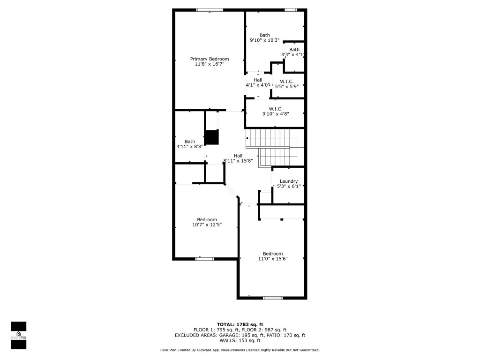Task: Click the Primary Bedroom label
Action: [x=210, y=59]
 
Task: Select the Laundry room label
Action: [x=289, y=181]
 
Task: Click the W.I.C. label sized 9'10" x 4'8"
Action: [x=275, y=109]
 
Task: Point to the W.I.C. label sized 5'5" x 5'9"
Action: [x=287, y=82]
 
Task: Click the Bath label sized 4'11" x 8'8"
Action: [x=190, y=142]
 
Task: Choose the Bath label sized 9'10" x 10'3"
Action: [x=265, y=35]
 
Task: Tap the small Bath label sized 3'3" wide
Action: [x=294, y=50]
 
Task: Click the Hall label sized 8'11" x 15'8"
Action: [x=238, y=156]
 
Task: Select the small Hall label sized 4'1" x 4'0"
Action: [x=258, y=80]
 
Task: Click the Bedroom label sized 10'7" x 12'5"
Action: [x=207, y=219]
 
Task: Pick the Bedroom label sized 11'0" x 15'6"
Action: [x=273, y=254]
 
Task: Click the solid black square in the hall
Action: [x=212, y=137]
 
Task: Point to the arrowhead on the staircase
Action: [x=247, y=138]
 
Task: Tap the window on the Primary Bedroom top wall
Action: [x=210, y=10]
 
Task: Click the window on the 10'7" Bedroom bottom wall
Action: [x=204, y=258]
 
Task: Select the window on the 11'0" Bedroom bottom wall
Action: [x=272, y=298]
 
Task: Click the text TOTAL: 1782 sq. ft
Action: [x=240, y=324]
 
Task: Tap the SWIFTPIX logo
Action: [x=18, y=336]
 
